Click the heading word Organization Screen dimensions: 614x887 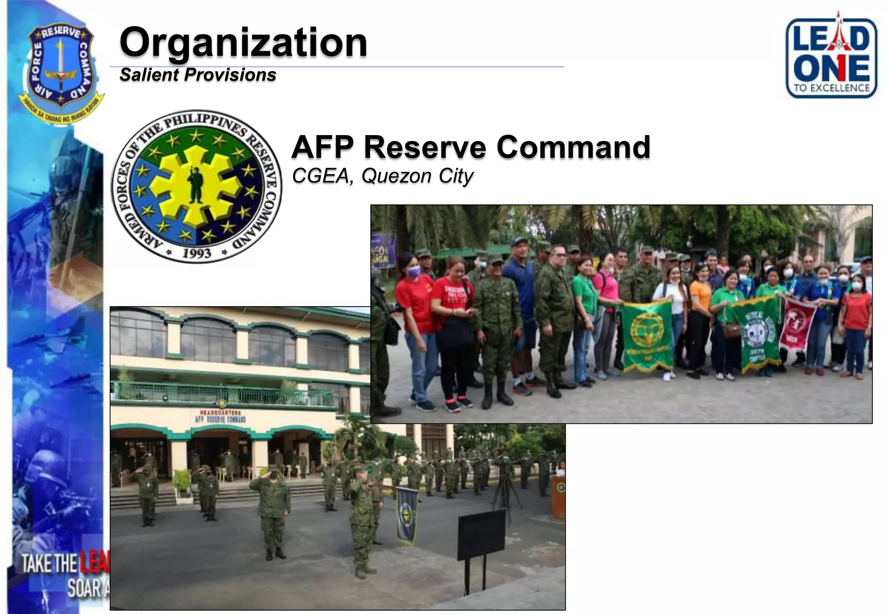[x=243, y=42]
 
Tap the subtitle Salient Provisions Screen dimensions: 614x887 [x=198, y=75]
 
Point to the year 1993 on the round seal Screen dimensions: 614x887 [x=197, y=252]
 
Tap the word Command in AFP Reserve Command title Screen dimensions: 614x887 [x=573, y=147]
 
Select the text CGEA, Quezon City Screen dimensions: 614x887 [x=382, y=176]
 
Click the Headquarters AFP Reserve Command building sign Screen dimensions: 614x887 [x=220, y=417]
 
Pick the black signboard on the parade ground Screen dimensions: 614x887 [x=481, y=535]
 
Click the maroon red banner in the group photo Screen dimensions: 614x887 [x=797, y=323]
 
